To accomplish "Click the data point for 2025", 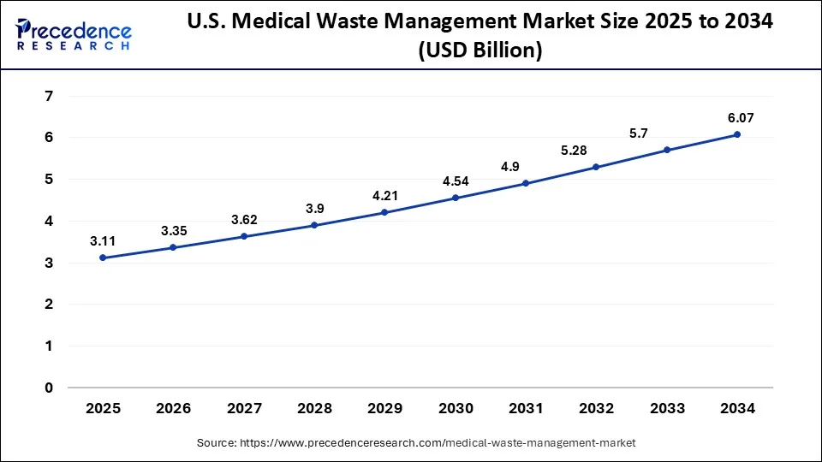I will tap(103, 258).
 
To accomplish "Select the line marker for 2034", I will tap(736, 134).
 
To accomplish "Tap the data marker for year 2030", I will tap(455, 198).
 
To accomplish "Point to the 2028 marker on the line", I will tap(314, 225).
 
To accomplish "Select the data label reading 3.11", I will tap(103, 241).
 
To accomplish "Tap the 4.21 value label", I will tap(384, 195).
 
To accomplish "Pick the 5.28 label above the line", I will tap(596, 151).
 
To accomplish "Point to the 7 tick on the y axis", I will tap(48, 96).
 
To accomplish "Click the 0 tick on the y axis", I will tap(48, 388).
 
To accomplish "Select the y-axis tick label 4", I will tap(48, 221).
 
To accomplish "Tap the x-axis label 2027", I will tap(244, 409).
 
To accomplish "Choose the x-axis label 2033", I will tap(666, 409).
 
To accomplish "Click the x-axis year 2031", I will tap(525, 409).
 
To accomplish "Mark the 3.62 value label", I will tap(244, 220).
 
